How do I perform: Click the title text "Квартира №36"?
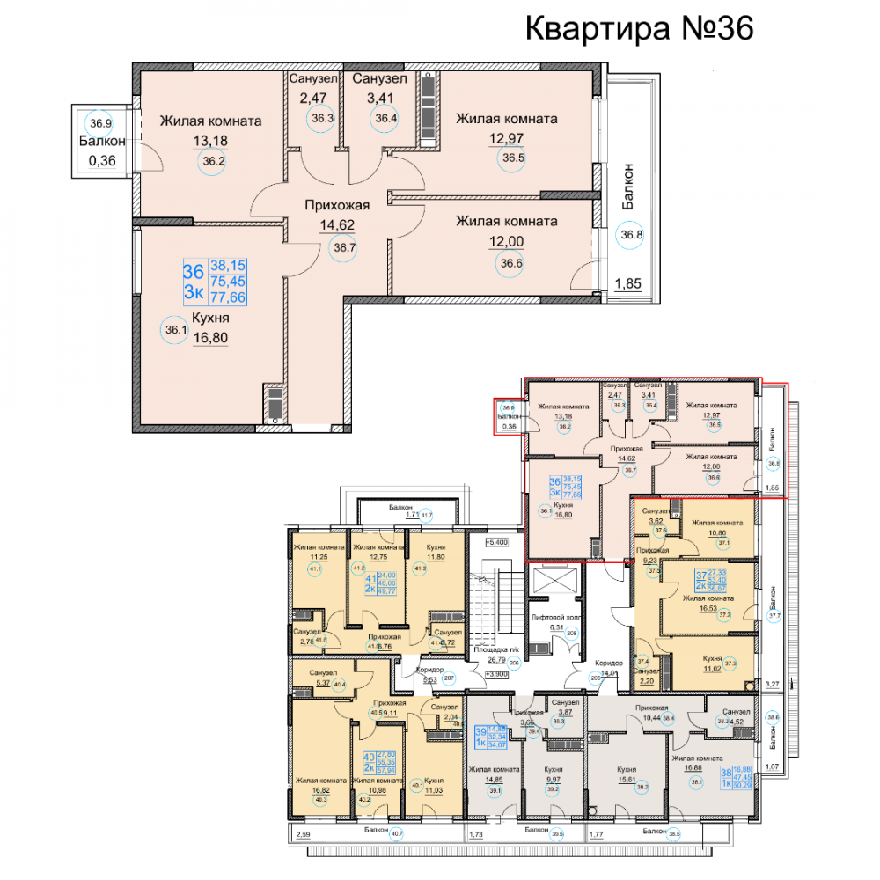(640, 28)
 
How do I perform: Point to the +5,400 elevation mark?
(501, 544)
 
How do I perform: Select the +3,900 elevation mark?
(498, 674)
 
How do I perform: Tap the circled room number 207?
(448, 678)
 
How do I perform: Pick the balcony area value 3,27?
(773, 683)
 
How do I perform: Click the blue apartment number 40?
(369, 758)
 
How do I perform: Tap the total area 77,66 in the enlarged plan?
(228, 298)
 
